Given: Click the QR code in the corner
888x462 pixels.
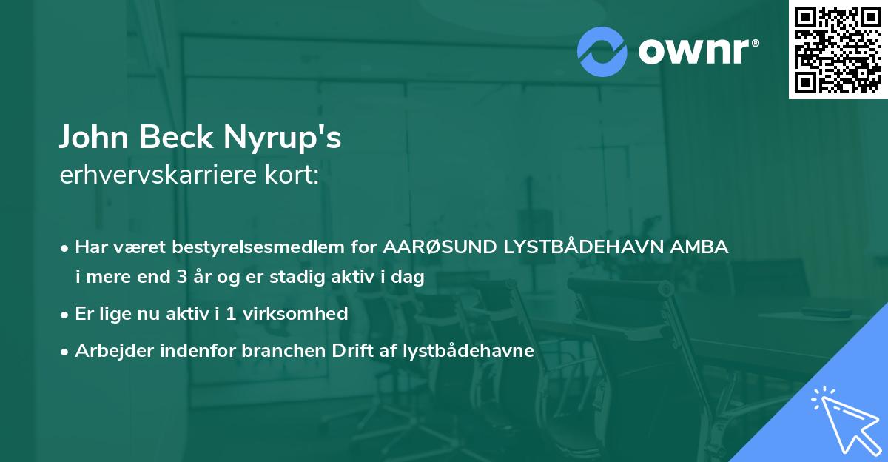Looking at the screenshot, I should click(x=838, y=49).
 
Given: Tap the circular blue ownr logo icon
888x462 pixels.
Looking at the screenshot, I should click(x=602, y=51).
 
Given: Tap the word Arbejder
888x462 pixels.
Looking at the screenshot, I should click(x=107, y=351).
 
